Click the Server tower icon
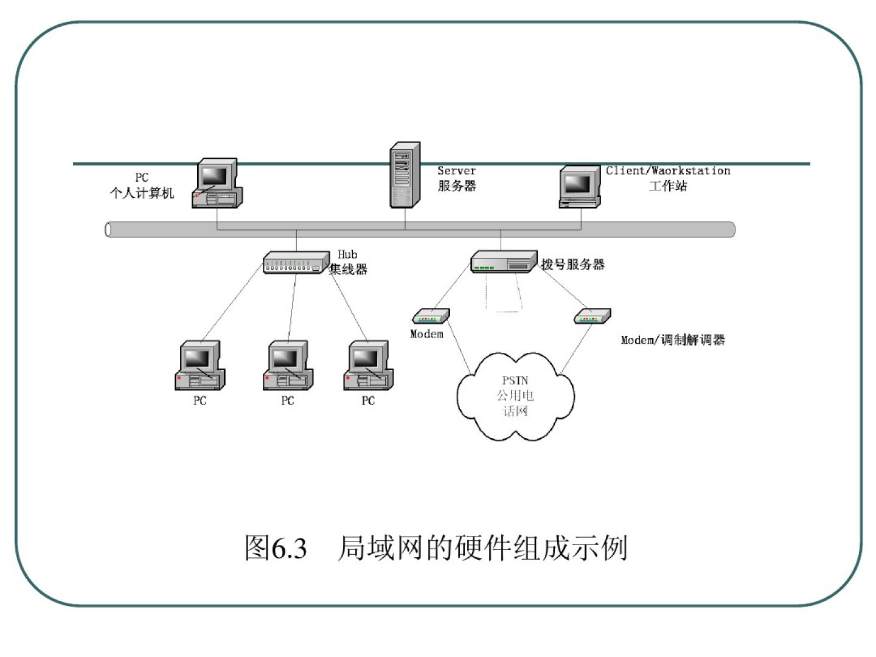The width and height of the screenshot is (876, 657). [x=405, y=175]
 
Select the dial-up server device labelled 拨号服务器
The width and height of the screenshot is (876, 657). [x=504, y=262]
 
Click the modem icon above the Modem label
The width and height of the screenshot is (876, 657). [x=431, y=316]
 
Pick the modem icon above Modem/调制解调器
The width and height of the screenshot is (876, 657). [x=593, y=316]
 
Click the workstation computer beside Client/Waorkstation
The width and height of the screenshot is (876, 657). [x=579, y=186]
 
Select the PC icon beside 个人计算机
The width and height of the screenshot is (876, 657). [x=217, y=183]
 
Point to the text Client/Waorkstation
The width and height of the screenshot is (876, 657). [x=668, y=171]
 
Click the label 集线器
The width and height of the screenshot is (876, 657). [x=349, y=269]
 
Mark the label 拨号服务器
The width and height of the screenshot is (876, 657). [x=573, y=265]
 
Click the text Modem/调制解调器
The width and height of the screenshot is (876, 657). [x=673, y=340]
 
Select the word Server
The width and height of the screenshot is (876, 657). [x=456, y=171]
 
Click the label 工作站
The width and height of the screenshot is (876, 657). [x=668, y=186]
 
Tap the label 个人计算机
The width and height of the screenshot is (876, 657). [x=142, y=193]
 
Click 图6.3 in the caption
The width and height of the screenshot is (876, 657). [x=276, y=548]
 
